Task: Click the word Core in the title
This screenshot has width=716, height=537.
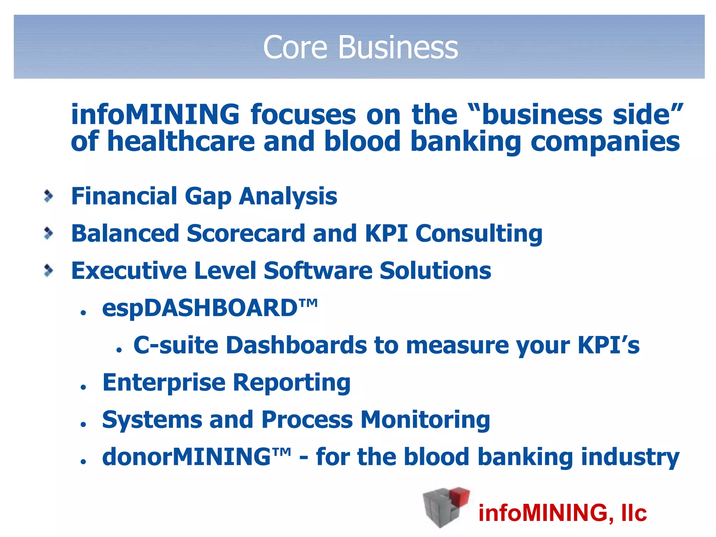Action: click(x=295, y=48)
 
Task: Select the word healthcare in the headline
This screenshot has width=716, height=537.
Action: click(x=181, y=142)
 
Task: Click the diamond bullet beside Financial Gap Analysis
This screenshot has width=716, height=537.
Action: click(x=49, y=196)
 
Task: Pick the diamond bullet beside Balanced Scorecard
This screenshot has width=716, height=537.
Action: click(x=49, y=234)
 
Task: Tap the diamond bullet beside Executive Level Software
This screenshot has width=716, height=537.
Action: click(x=49, y=271)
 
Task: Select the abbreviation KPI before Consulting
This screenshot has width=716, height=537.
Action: click(x=386, y=234)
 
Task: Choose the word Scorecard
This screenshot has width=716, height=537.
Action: click(x=246, y=234)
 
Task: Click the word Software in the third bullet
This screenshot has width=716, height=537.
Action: click(x=318, y=271)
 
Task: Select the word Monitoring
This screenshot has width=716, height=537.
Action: click(x=425, y=420)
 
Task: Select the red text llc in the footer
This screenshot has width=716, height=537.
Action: click(x=633, y=513)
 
